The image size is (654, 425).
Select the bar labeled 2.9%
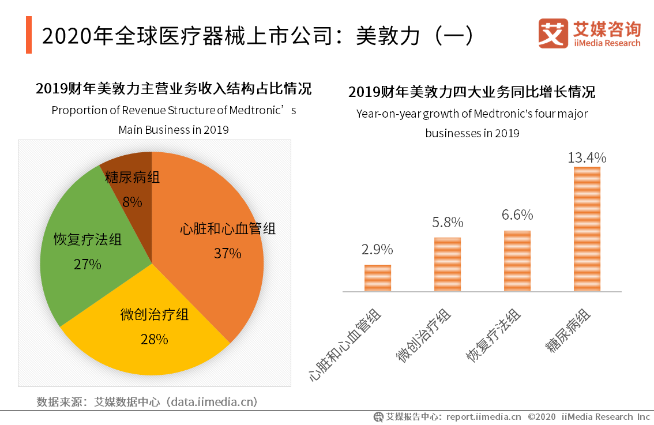click(x=378, y=278)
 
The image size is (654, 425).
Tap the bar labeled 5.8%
click(x=448, y=264)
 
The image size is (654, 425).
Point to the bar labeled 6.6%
click(x=517, y=261)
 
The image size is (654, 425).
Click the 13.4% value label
click(x=587, y=157)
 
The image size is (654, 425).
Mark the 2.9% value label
click(x=377, y=250)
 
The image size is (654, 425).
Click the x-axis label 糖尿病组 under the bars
click(x=567, y=331)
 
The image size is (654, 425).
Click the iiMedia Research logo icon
click(x=553, y=33)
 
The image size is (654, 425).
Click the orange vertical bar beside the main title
click(x=29, y=35)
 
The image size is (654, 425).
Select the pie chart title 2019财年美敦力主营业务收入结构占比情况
click(x=174, y=89)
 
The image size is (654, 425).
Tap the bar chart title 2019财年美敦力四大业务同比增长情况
click(x=472, y=92)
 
